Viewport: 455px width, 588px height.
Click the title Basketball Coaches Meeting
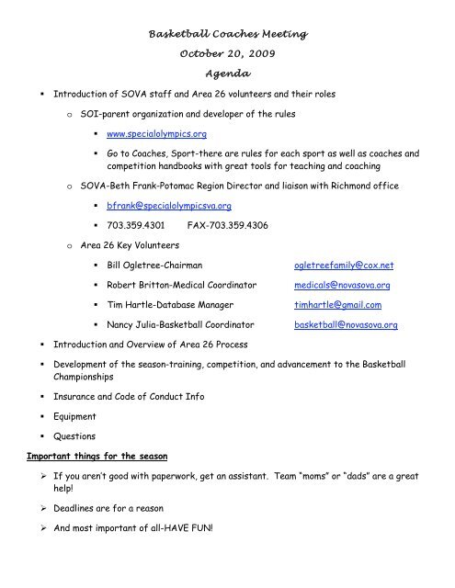click(226, 34)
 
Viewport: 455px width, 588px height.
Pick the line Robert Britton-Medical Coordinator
click(176, 311)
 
